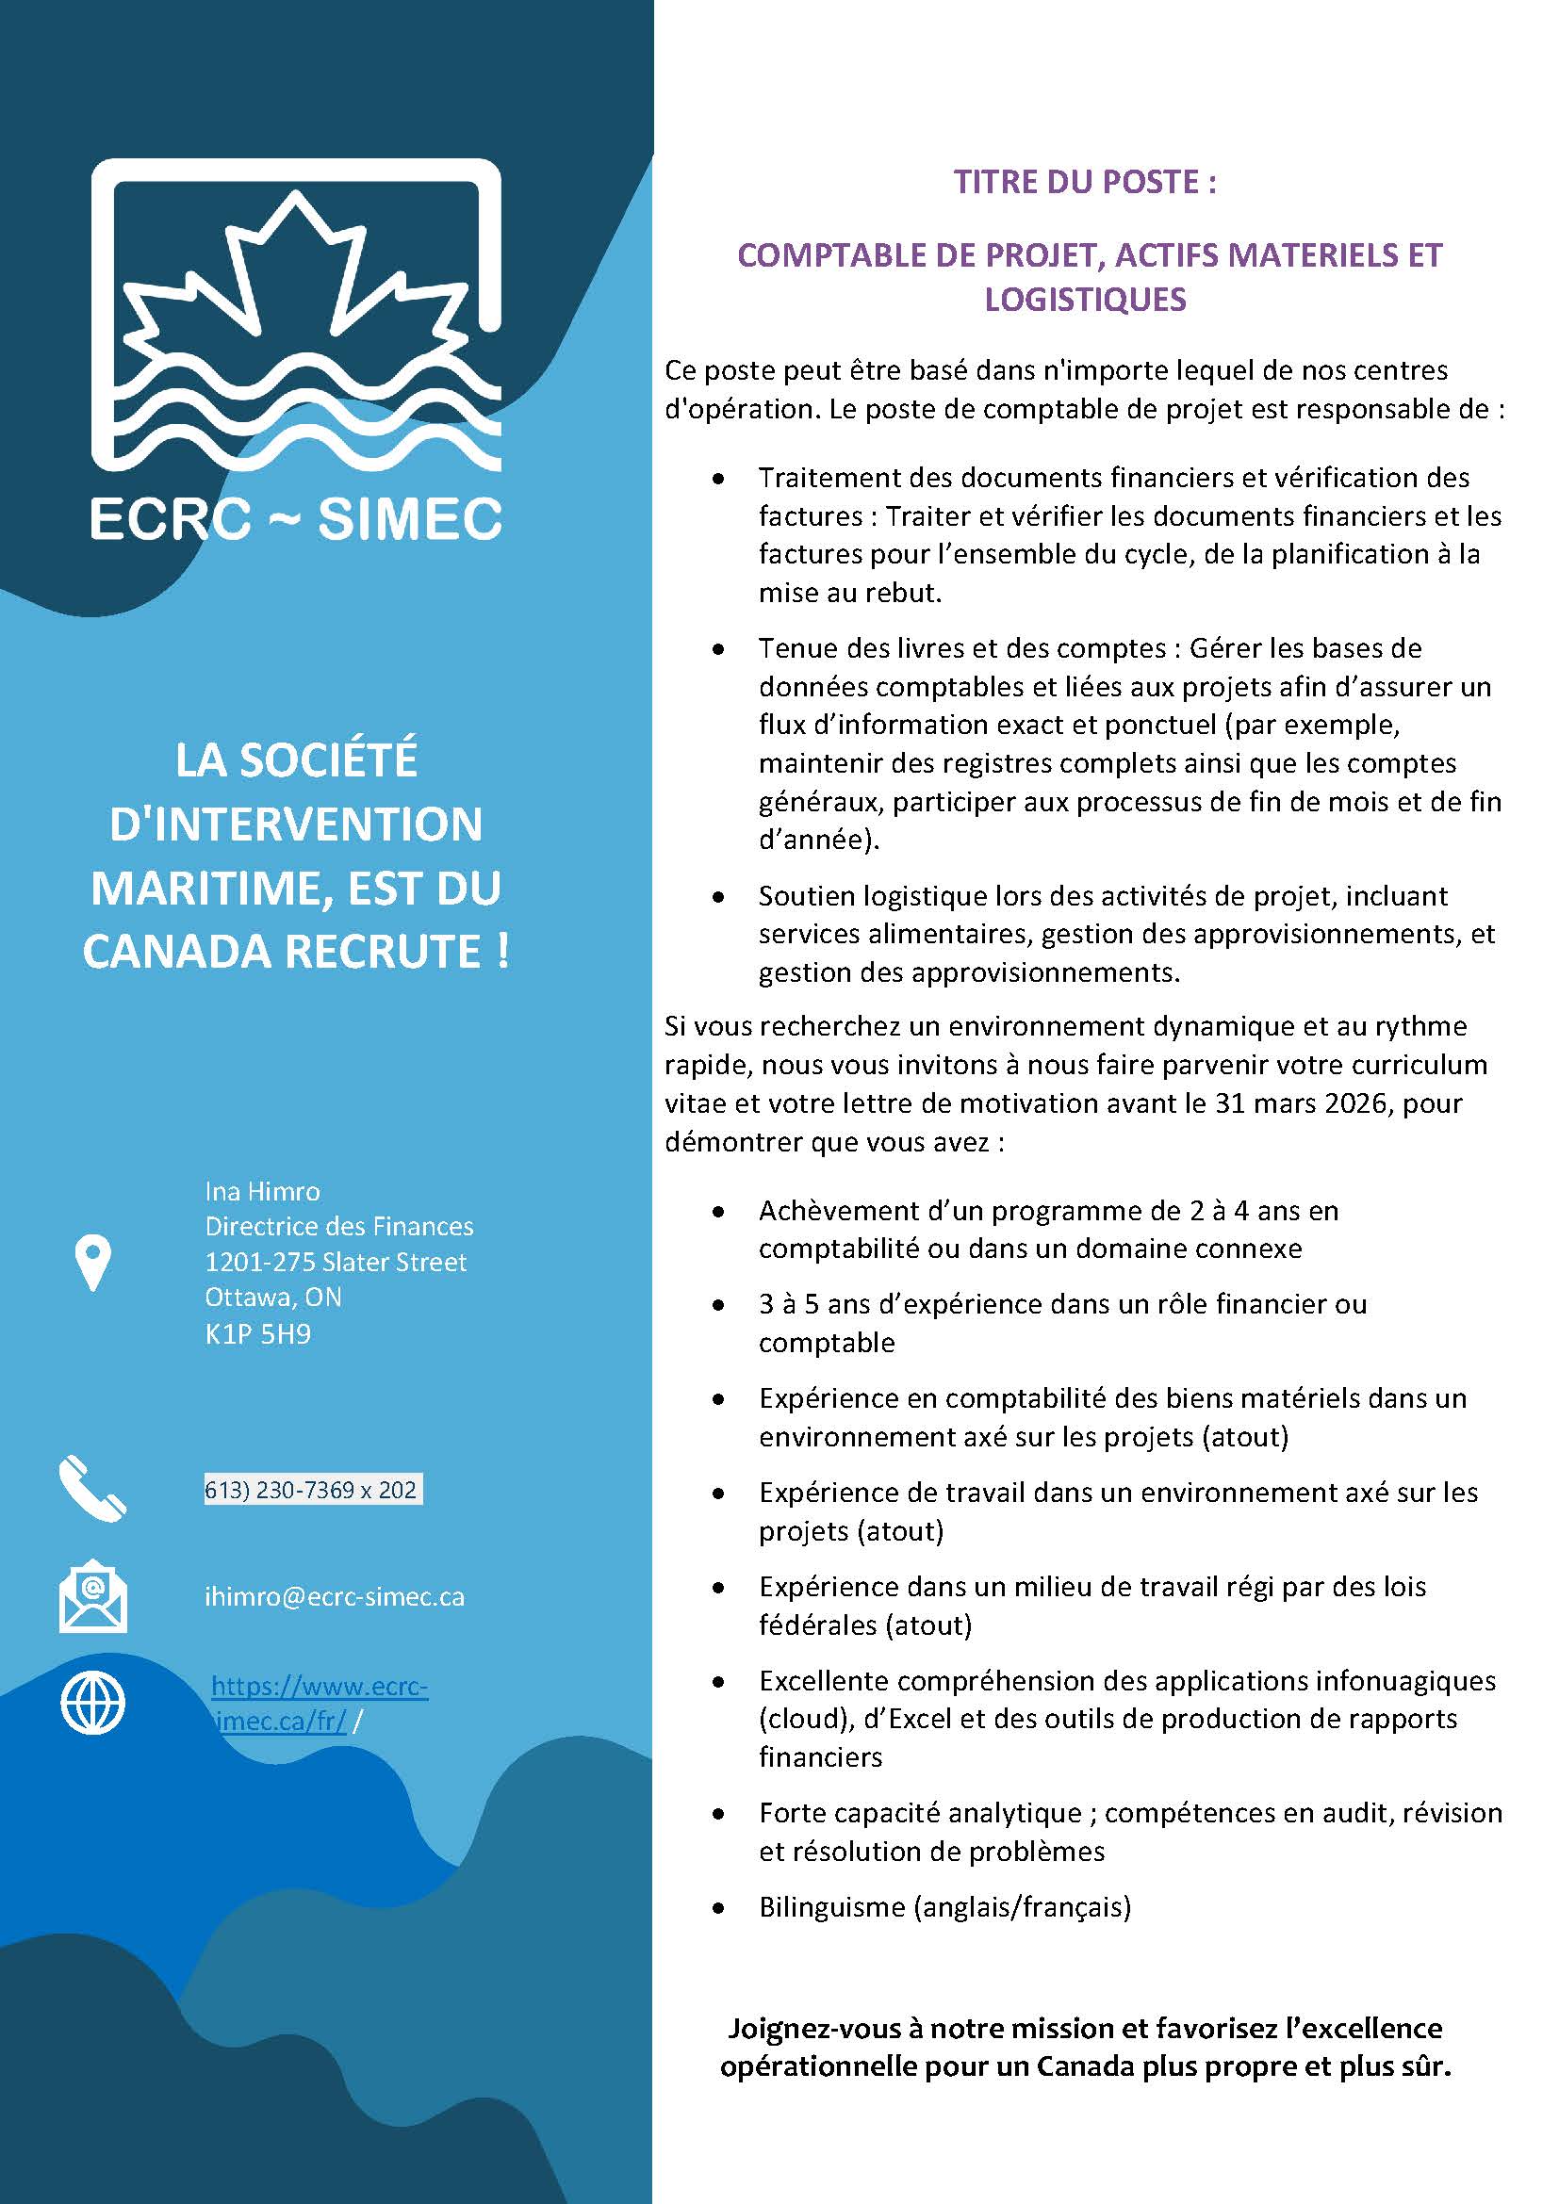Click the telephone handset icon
click(92, 1489)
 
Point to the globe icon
click(92, 1704)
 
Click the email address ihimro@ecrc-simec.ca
click(334, 1596)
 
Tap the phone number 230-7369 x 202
click(313, 1489)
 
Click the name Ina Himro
click(262, 1191)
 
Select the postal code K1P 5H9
click(257, 1334)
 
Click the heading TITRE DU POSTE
click(1085, 182)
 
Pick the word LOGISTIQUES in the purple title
click(1085, 300)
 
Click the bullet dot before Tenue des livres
click(718, 650)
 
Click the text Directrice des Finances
click(339, 1227)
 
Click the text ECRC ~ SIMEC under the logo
click(296, 518)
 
